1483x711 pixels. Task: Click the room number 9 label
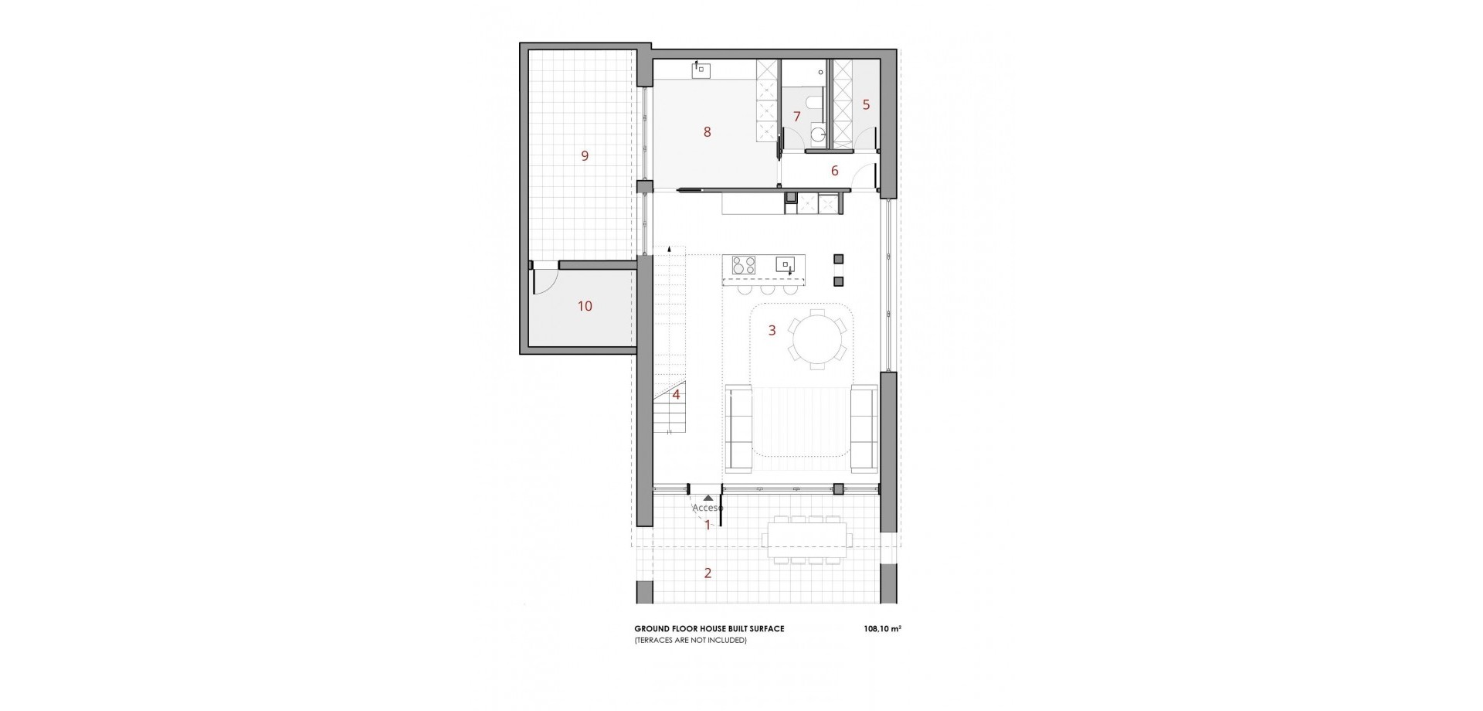[585, 156]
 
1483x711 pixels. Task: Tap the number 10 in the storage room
[585, 306]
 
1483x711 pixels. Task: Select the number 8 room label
[707, 132]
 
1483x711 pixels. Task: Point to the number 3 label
[772, 331]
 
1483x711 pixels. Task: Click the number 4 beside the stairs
[676, 395]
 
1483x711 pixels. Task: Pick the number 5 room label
[866, 104]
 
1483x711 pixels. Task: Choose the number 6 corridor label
[834, 171]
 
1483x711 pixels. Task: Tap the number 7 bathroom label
[797, 117]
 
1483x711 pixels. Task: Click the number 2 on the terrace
[707, 573]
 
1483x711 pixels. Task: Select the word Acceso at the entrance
[708, 508]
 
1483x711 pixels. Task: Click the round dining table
[816, 337]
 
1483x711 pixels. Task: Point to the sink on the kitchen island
[785, 264]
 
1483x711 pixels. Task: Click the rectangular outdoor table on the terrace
[806, 539]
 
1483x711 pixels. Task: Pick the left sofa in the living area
[740, 427]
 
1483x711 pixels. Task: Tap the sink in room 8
[160, 70]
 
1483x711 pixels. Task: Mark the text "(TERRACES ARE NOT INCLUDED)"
[690, 640]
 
